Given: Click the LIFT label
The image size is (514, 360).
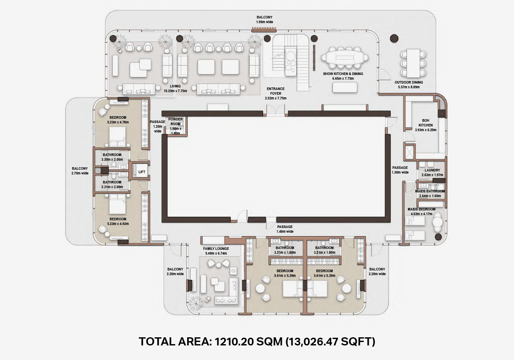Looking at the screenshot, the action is [142, 172].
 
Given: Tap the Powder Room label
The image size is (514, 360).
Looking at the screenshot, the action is [176, 121].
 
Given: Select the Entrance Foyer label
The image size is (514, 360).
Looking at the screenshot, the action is [275, 91].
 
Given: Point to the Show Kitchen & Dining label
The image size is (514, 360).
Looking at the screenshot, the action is [343, 74].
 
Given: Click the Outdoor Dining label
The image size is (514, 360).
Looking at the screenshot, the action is [409, 82].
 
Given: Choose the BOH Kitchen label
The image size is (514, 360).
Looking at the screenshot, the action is [426, 123].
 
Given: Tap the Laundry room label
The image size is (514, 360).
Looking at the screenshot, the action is [432, 170].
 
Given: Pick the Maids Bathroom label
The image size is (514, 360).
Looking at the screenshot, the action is [430, 191].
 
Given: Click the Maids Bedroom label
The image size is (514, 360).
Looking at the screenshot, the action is [421, 209].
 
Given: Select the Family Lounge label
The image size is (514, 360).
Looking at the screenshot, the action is [216, 249].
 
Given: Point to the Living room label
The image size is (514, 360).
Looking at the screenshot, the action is [175, 86].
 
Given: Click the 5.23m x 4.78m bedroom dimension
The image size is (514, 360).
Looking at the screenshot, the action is [118, 122].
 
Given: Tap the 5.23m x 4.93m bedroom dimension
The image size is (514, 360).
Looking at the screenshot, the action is [118, 224].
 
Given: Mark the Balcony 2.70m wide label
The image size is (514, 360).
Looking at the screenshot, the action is [80, 171].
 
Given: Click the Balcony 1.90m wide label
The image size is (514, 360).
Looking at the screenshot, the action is [265, 20].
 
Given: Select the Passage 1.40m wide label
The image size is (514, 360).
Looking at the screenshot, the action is [285, 229].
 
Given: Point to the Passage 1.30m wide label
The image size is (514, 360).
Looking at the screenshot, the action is [400, 170].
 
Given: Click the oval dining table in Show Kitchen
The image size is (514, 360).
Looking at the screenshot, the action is [345, 57].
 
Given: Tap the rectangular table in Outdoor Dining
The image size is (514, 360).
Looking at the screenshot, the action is [413, 63].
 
